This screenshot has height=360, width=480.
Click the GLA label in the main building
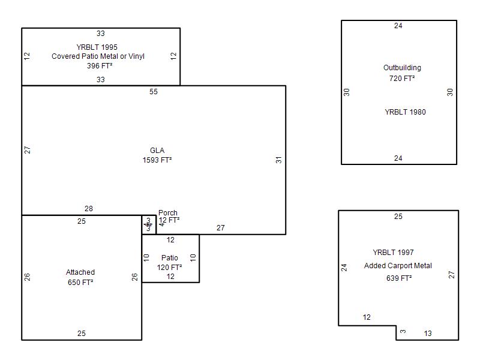pos(157,151)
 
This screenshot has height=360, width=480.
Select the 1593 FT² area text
pos(157,160)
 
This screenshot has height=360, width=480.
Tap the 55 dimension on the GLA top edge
pos(154,92)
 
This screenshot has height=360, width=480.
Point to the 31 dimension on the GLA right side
pos(278,160)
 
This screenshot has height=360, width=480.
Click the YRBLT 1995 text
pos(97,47)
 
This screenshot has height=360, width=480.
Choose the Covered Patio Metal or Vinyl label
pos(98,56)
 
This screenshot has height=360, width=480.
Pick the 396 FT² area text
pos(100,66)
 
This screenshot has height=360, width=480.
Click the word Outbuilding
pos(402,68)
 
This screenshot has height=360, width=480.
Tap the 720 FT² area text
pos(402,78)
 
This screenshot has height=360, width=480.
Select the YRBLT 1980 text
pos(405,112)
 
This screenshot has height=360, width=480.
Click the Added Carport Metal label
pos(398,266)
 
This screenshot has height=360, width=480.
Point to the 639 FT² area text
pos(399,278)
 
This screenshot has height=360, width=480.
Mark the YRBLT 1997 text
pos(393,253)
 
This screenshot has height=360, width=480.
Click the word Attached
pos(80,272)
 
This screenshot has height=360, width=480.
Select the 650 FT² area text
pos(80,282)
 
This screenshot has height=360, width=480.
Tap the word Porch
pos(168,213)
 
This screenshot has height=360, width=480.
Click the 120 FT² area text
pos(170,268)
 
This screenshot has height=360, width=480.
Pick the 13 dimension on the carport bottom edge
pos(428,334)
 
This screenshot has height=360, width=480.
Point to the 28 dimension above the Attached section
pos(89,209)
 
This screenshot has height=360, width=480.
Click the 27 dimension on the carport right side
pos(452,275)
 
